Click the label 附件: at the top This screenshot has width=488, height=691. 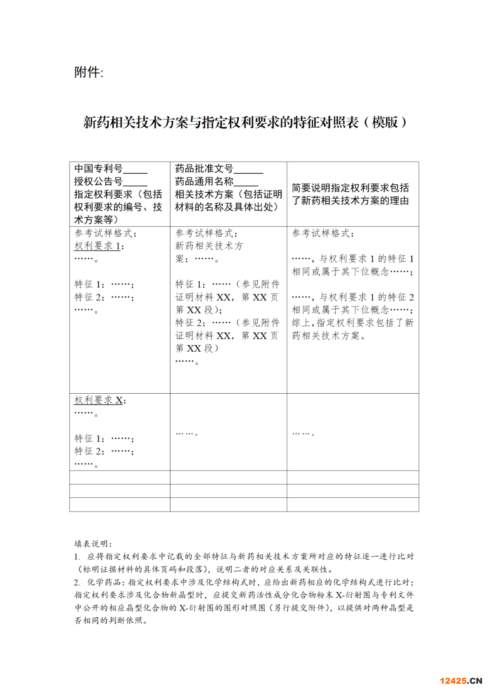pos(89,72)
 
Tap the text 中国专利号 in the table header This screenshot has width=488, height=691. pos(98,169)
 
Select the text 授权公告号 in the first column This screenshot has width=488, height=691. pos(98,181)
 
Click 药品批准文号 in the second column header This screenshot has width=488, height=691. pos(204,169)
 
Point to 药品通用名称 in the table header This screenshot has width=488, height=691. pos(204,181)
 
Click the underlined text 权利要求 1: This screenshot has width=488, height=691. pos(99,246)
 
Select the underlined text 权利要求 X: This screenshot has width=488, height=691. pos(100,400)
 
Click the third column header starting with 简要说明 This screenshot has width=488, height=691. pos(350,194)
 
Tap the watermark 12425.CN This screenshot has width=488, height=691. pos(460,681)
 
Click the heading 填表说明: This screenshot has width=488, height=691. pos(93,543)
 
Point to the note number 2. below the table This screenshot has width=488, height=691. pos(77,582)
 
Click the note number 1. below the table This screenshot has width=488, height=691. pos(77,557)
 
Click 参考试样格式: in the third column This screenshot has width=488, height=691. pos(323,234)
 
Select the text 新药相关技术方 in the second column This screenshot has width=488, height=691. pos(209,246)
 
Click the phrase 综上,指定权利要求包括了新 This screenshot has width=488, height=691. pos(352,323)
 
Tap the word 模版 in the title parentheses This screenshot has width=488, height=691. pos(385,122)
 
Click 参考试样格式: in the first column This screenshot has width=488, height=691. pos(105,234)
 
